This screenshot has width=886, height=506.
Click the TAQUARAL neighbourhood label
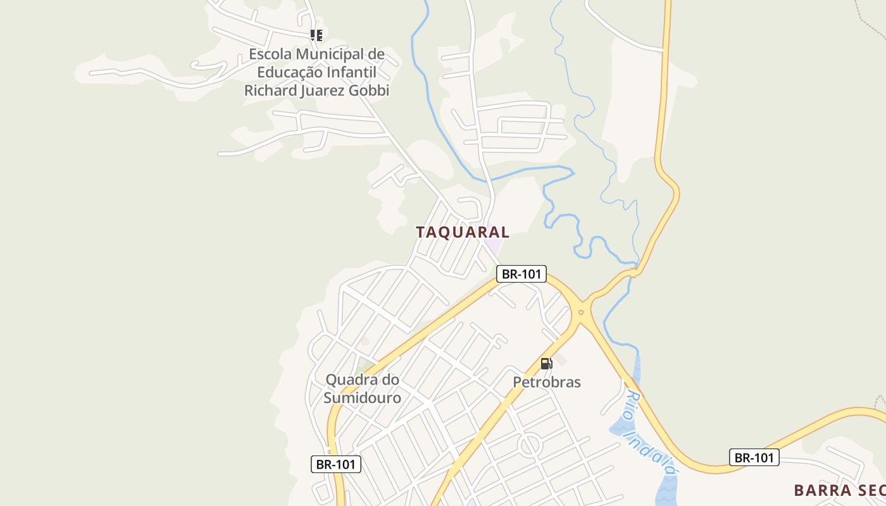(x=463, y=232)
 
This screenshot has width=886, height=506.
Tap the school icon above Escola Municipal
(x=316, y=35)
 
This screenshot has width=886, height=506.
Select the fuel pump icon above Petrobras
(x=546, y=364)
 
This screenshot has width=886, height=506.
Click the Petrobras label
(x=547, y=382)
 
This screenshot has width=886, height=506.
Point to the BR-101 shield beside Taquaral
(x=521, y=274)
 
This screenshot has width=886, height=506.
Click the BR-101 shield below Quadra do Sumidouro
(x=336, y=464)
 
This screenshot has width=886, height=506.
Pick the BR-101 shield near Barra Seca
(x=754, y=457)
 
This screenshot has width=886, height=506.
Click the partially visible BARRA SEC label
(x=839, y=490)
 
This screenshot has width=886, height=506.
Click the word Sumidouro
(x=363, y=398)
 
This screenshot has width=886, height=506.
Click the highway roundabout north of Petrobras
(x=581, y=312)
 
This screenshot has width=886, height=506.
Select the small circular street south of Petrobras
(x=530, y=445)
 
